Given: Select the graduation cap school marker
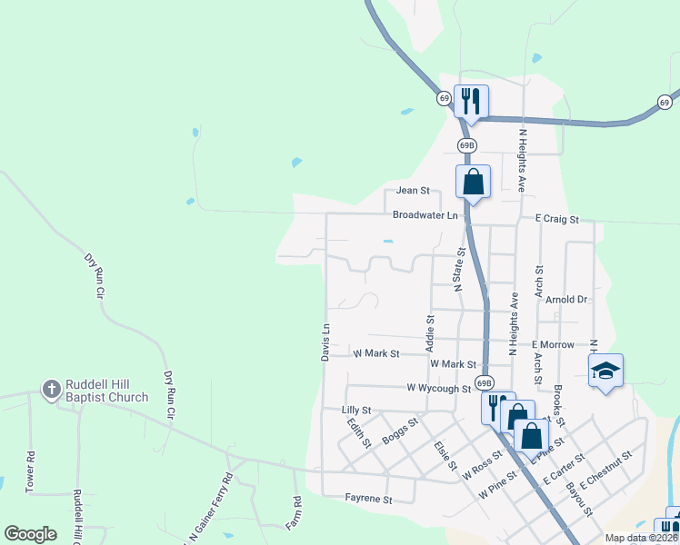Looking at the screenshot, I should click(606, 371).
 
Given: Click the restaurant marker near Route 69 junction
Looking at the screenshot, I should click(471, 100).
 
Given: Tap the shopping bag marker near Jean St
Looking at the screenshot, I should click(473, 181).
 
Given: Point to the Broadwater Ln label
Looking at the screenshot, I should click(425, 215).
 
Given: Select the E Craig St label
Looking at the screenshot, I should click(556, 219).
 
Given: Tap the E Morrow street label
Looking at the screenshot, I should click(554, 345).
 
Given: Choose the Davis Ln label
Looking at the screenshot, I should click(325, 342).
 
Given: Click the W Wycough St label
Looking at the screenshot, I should click(438, 388).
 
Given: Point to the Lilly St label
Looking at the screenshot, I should click(357, 411).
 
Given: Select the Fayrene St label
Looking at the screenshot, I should click(368, 499).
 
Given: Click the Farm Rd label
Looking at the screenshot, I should click(297, 513).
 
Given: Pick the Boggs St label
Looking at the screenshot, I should click(400, 429).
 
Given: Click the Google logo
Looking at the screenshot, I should click(30, 534).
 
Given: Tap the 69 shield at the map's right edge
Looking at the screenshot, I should click(665, 102).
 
